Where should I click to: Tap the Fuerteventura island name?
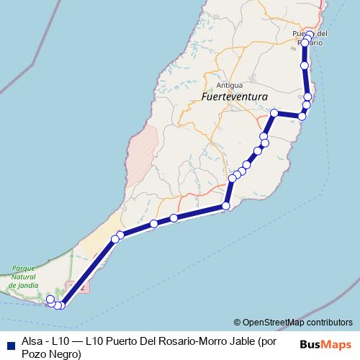point(235,96)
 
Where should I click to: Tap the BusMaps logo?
point(328,345)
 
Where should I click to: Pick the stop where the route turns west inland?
point(274,113)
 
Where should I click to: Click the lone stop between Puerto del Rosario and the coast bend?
point(304,66)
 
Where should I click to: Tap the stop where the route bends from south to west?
point(226,207)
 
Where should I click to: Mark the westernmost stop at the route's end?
point(50,300)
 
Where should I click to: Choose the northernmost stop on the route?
point(310,35)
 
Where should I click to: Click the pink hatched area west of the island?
point(149,144)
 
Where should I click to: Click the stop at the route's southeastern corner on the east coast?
point(302,116)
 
